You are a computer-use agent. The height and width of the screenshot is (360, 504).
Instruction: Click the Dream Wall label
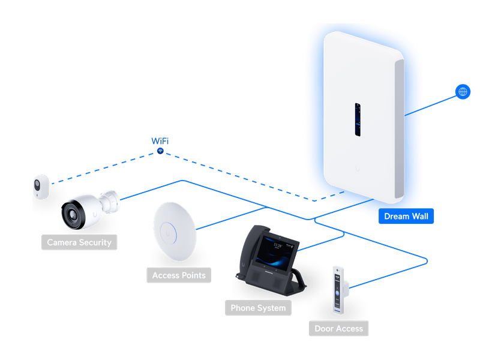tap(406, 217)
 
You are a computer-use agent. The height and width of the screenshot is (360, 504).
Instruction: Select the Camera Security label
tap(79, 242)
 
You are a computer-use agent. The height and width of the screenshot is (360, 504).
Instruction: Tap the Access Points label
tap(179, 275)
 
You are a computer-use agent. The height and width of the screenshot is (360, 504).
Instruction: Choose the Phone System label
tap(258, 308)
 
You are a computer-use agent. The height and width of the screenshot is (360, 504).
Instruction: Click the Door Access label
tap(338, 328)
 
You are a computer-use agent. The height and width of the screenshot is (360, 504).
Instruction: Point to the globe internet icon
tap(463, 92)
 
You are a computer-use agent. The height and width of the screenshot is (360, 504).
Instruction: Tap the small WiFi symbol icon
tap(160, 150)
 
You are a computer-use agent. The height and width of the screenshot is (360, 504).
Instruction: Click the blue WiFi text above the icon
tap(160, 141)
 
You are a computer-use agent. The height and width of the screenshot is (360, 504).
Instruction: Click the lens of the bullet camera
tap(74, 213)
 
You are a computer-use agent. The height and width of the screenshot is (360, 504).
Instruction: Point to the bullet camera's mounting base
tap(111, 197)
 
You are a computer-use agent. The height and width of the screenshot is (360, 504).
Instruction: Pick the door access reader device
tap(340, 290)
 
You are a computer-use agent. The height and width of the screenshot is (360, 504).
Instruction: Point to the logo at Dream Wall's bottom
tap(359, 169)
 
